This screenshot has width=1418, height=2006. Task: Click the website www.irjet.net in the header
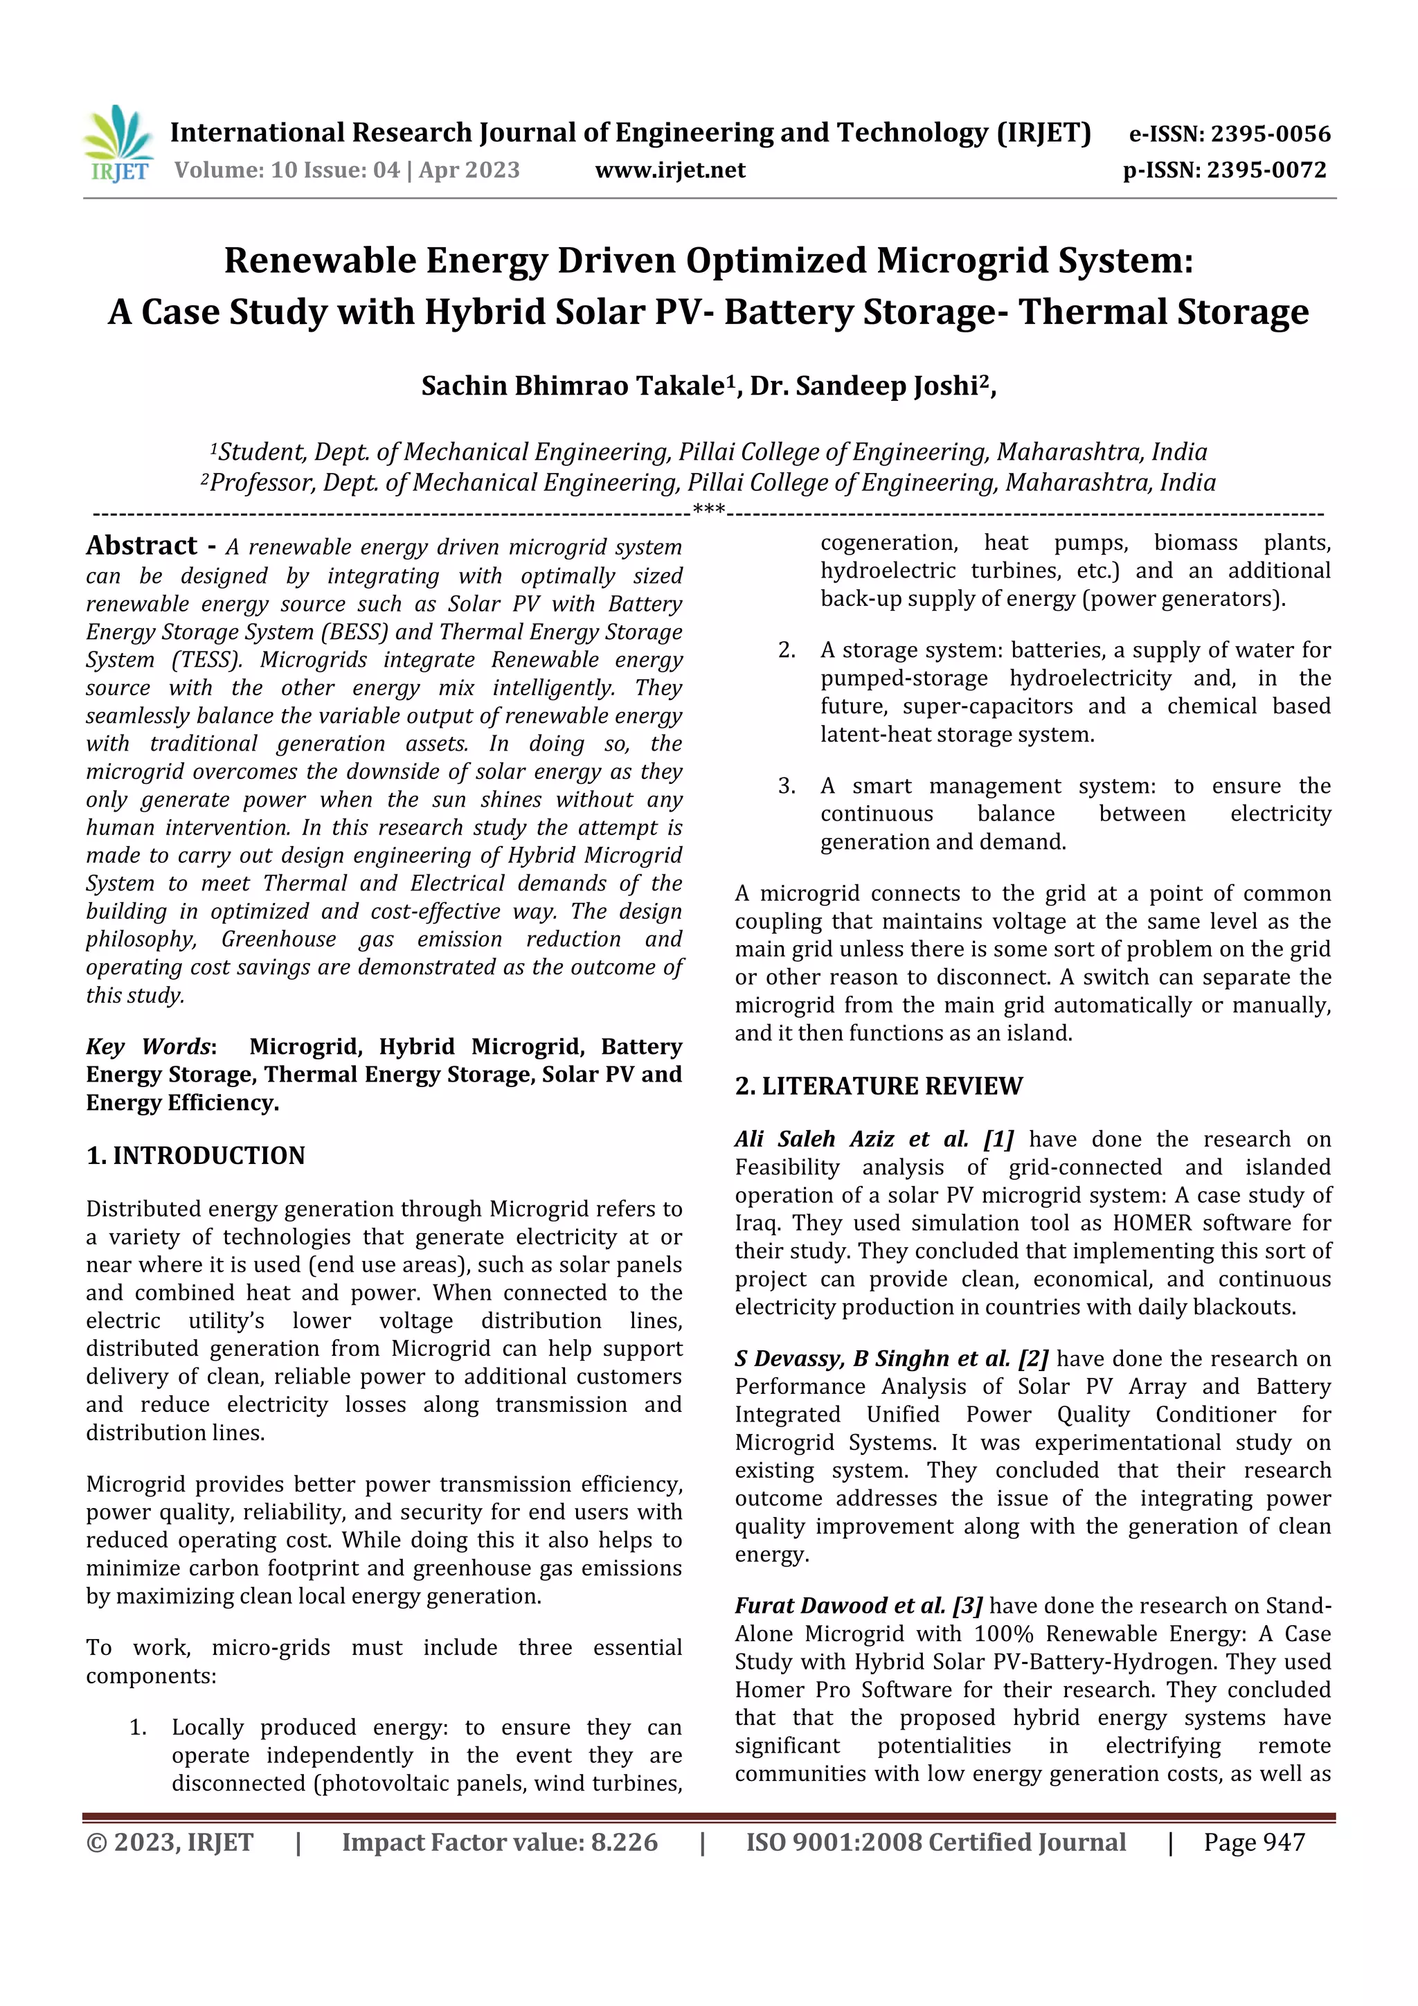click(670, 170)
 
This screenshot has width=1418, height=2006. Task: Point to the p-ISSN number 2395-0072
click(1267, 170)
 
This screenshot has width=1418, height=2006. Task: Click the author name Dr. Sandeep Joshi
click(864, 386)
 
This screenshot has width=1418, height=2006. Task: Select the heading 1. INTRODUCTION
click(196, 1156)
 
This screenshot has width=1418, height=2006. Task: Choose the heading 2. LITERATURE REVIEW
click(878, 1086)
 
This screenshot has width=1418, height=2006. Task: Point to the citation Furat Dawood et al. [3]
click(858, 1606)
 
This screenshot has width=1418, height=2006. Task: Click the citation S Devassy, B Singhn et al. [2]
click(890, 1359)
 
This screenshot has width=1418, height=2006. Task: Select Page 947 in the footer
click(1254, 1842)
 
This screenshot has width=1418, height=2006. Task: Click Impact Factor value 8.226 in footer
click(500, 1842)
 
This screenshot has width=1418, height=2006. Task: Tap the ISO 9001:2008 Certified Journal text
click(935, 1842)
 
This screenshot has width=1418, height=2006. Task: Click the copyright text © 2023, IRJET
click(170, 1842)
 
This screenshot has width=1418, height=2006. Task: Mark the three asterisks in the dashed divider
click(708, 510)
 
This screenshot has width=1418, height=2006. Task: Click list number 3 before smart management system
click(787, 787)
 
